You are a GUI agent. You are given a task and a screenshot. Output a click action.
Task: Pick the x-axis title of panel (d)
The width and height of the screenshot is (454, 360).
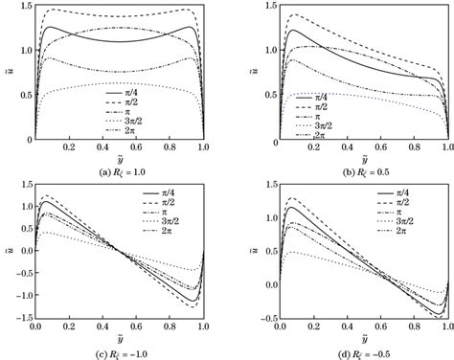click(x=352, y=342)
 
